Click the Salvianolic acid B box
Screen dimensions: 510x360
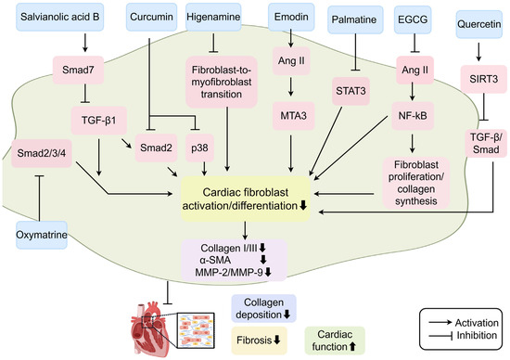pyautogui.click(x=60, y=18)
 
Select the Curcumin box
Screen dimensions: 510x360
pyautogui.click(x=151, y=18)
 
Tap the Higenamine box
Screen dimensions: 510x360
pyautogui.click(x=213, y=18)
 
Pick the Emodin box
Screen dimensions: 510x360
pyautogui.click(x=291, y=18)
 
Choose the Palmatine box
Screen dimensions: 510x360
pyautogui.click(x=355, y=19)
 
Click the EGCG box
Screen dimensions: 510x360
pyautogui.click(x=413, y=19)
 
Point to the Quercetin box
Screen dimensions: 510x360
pyautogui.click(x=479, y=24)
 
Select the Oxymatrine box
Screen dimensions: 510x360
pyautogui.click(x=42, y=235)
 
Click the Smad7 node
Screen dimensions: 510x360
pyautogui.click(x=79, y=70)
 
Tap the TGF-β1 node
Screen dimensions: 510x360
pyautogui.click(x=99, y=121)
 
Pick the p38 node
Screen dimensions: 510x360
pyautogui.click(x=199, y=148)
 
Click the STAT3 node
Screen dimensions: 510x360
pyautogui.click(x=351, y=92)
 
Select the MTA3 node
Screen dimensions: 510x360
pyautogui.click(x=294, y=116)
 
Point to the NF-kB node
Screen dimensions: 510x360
pyautogui.click(x=413, y=116)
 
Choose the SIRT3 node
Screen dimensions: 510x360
pyautogui.click(x=484, y=79)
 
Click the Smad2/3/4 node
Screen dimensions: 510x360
pyautogui.click(x=42, y=153)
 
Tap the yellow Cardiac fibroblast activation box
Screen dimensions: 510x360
pyautogui.click(x=246, y=199)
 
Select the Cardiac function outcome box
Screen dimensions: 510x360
pyautogui.click(x=335, y=341)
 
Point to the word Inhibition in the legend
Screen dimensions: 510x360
pyautogui.click(x=477, y=335)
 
